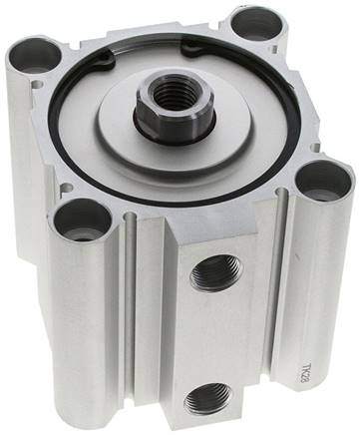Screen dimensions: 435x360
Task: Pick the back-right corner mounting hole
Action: click(x=257, y=22)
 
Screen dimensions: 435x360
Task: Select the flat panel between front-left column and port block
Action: click(x=140, y=319)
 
